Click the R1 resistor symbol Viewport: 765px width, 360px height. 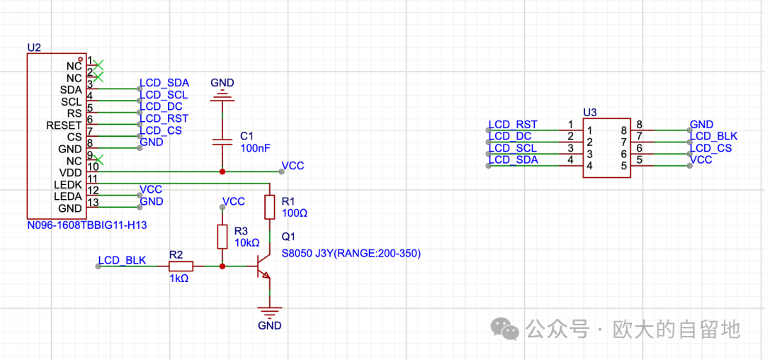point(269,207)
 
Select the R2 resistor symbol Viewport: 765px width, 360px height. point(181,266)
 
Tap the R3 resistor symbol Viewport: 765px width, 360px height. point(222,237)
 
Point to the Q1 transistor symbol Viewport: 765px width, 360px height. point(263,268)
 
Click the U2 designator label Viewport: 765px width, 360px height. point(34,47)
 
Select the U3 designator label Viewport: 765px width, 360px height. point(590,113)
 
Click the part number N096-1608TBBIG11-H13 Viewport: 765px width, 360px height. point(86,225)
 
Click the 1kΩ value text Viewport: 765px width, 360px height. point(179,279)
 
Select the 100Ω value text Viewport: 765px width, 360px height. point(293,213)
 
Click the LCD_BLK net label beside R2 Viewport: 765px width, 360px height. point(123,260)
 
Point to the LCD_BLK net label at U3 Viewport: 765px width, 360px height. point(714,136)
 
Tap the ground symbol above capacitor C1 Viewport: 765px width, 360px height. point(222,92)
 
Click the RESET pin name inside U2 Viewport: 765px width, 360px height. point(64,125)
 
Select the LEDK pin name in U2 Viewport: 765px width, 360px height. point(69,184)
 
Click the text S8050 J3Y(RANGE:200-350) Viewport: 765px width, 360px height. point(351,254)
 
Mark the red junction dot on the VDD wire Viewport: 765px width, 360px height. point(222,171)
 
